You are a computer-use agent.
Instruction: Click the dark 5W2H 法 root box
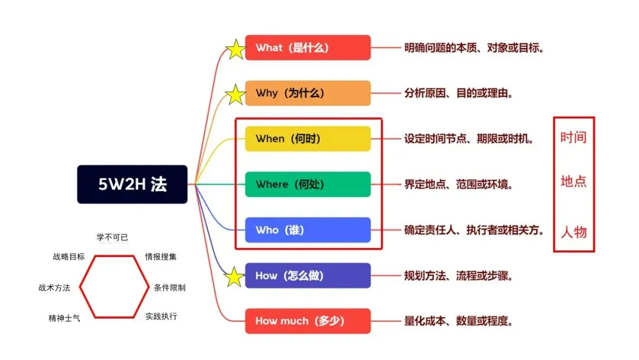(132, 184)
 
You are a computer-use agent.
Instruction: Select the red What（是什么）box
(308, 47)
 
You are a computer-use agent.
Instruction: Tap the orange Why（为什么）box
(308, 93)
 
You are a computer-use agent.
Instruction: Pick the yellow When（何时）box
(308, 139)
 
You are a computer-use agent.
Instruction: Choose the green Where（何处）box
(308, 184)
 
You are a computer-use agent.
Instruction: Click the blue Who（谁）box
(308, 230)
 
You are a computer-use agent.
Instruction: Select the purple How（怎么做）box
(308, 275)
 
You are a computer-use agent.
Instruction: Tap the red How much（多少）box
(308, 321)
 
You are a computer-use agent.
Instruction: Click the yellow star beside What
(235, 49)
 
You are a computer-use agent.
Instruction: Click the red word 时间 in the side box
(573, 138)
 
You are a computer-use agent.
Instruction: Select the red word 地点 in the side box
(573, 181)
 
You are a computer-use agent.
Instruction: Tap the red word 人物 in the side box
(573, 231)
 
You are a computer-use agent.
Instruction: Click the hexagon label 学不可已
(112, 237)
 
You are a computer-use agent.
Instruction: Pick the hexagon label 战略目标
(69, 257)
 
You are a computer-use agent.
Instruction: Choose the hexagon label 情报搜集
(161, 257)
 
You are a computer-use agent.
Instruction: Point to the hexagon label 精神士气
(64, 318)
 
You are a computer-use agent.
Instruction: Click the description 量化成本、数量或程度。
(459, 322)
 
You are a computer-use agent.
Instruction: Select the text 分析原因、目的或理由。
(459, 94)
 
